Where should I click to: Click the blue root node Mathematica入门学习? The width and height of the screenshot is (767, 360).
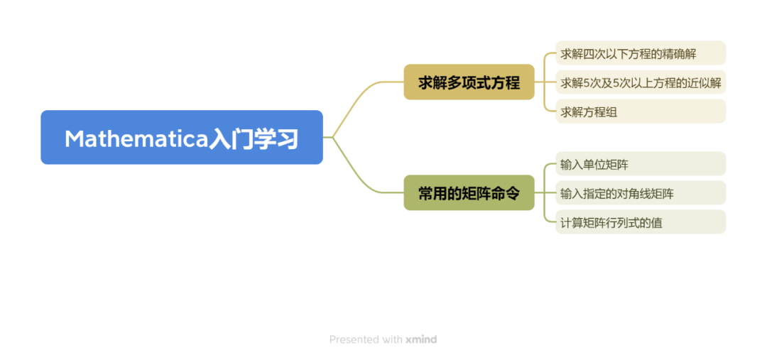pos(182,137)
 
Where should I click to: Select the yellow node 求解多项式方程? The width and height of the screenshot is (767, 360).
pos(469,82)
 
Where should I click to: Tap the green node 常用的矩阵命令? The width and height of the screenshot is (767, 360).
pos(469,192)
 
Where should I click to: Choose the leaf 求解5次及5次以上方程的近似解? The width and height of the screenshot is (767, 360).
pos(641,82)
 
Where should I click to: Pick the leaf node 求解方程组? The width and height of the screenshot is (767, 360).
pos(641,111)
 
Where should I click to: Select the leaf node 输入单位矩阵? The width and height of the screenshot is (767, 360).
pos(641,163)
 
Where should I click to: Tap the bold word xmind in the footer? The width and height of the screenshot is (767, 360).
pos(420,339)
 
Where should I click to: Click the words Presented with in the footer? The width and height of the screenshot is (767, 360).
pos(366,339)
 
